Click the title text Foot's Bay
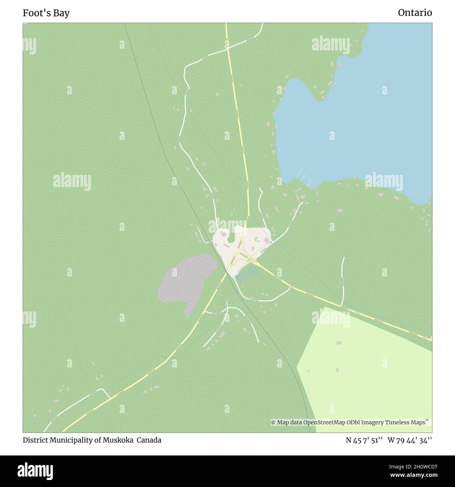click(x=46, y=13)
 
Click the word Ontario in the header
click(x=415, y=13)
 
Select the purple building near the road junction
click(x=267, y=241)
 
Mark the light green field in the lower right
click(x=367, y=371)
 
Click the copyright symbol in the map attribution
click(x=273, y=423)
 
